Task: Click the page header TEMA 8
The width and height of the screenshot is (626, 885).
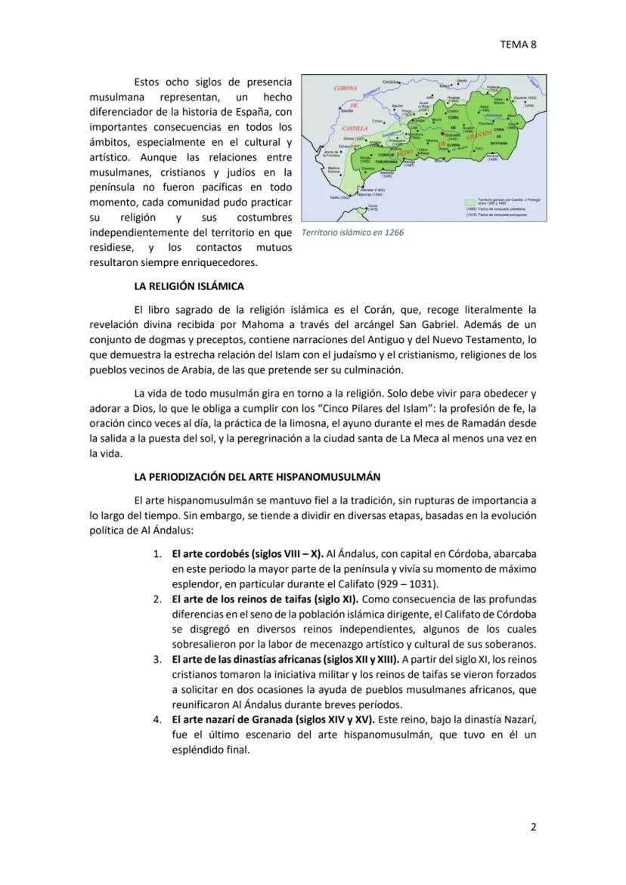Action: [x=518, y=44]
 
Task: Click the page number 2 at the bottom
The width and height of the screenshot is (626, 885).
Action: [x=533, y=827]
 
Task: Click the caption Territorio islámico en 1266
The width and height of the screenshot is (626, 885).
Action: [x=352, y=232]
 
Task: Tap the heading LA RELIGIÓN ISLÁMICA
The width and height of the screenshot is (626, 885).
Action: [x=188, y=286]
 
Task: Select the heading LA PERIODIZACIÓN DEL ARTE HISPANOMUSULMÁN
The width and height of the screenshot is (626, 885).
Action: [x=257, y=477]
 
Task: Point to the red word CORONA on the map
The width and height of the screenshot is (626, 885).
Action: [x=346, y=88]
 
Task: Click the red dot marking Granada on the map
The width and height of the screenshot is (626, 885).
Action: [x=442, y=134]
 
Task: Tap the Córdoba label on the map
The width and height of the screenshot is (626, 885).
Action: [x=391, y=82]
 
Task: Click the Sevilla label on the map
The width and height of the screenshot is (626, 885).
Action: [x=347, y=110]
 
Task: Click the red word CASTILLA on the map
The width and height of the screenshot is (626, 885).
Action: [x=355, y=128]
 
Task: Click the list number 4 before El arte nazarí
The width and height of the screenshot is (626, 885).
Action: [x=157, y=719]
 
